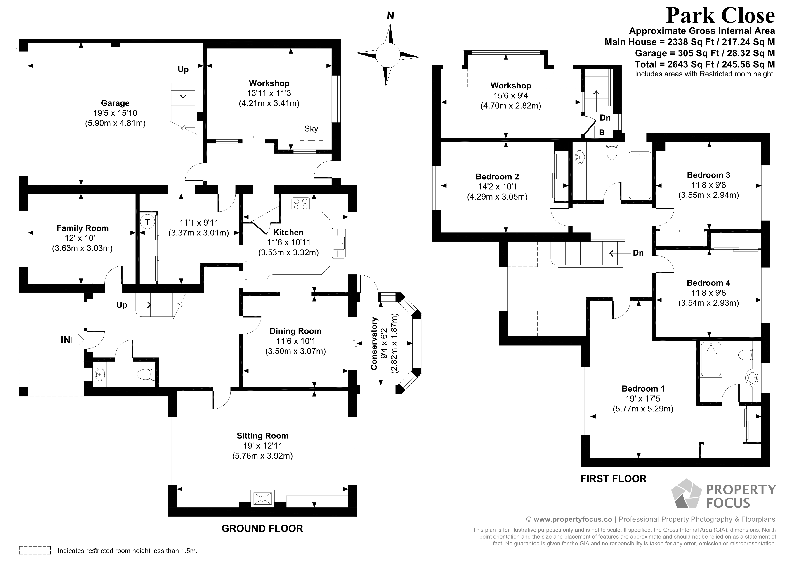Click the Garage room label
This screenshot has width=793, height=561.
(115, 103)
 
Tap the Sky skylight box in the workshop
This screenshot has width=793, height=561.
(311, 129)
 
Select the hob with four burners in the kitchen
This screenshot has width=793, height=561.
(300, 204)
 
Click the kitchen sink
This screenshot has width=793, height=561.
(338, 243)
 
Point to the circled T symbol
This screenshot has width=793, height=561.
(147, 221)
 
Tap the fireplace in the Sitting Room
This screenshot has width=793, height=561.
(262, 498)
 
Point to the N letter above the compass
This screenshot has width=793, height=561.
(390, 16)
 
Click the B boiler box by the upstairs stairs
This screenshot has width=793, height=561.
(602, 132)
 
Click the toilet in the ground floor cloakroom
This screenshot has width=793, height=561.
(146, 374)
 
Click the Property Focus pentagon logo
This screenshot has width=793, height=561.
(686, 494)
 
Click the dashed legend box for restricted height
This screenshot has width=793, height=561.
(35, 550)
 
